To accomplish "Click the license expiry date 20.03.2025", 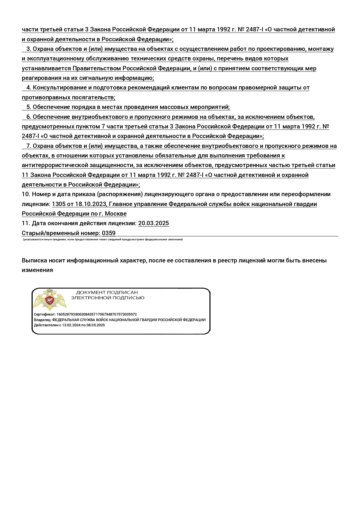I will tap(153, 223).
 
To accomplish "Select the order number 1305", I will tap(59, 204).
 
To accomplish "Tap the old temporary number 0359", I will tap(109, 233).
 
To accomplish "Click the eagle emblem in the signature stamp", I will tap(50, 300).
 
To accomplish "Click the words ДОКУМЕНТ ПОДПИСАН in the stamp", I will tap(107, 292).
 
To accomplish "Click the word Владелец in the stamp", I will tap(42, 320).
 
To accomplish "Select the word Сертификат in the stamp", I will tap(44, 314).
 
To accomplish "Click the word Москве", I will tap(116, 214).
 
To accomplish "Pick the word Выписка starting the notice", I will tap(33, 260).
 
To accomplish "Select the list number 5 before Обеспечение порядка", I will tap(29, 107).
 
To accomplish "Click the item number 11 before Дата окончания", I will tap(26, 223).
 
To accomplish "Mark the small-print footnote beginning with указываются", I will tap(103, 239).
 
